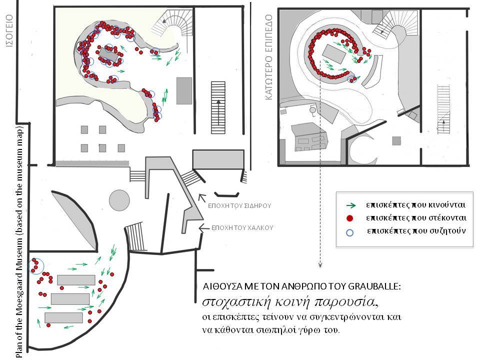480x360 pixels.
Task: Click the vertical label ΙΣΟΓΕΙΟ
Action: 9,30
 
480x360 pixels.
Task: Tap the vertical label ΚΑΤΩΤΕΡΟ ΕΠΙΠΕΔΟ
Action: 269,57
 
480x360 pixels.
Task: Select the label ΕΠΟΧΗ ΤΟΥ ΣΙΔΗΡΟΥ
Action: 239,205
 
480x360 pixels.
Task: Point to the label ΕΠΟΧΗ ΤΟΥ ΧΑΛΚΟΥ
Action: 242,228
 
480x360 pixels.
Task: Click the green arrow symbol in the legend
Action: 351,205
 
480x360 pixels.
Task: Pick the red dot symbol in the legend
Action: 349,218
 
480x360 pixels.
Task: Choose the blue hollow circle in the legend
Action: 349,232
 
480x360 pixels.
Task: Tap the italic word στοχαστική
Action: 236,302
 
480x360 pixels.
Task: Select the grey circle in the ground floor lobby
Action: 119,200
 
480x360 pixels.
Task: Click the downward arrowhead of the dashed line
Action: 320,265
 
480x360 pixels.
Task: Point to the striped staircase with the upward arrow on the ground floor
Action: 218,107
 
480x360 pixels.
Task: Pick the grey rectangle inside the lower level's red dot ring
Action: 334,53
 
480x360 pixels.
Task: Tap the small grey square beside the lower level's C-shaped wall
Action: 396,141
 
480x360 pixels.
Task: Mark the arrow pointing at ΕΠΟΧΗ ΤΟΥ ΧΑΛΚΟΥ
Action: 204,228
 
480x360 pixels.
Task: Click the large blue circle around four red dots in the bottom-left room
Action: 36,265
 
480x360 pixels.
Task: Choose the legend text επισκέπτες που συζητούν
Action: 416,231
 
